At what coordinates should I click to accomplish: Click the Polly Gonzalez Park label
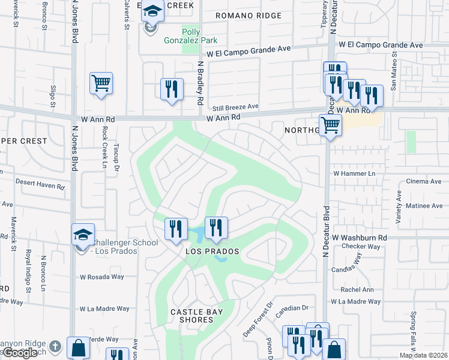click(191, 35)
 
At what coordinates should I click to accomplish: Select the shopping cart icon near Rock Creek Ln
click(101, 83)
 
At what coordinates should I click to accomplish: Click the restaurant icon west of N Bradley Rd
click(172, 89)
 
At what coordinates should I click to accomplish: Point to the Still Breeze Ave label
click(235, 107)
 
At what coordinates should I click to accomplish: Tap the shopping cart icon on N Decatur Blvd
click(330, 126)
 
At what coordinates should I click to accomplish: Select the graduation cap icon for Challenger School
click(83, 235)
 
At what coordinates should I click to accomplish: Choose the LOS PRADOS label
click(212, 251)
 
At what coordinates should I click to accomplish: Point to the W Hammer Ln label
click(354, 173)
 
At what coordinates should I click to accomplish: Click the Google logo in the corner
click(20, 353)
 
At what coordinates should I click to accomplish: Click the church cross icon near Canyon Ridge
click(55, 346)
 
